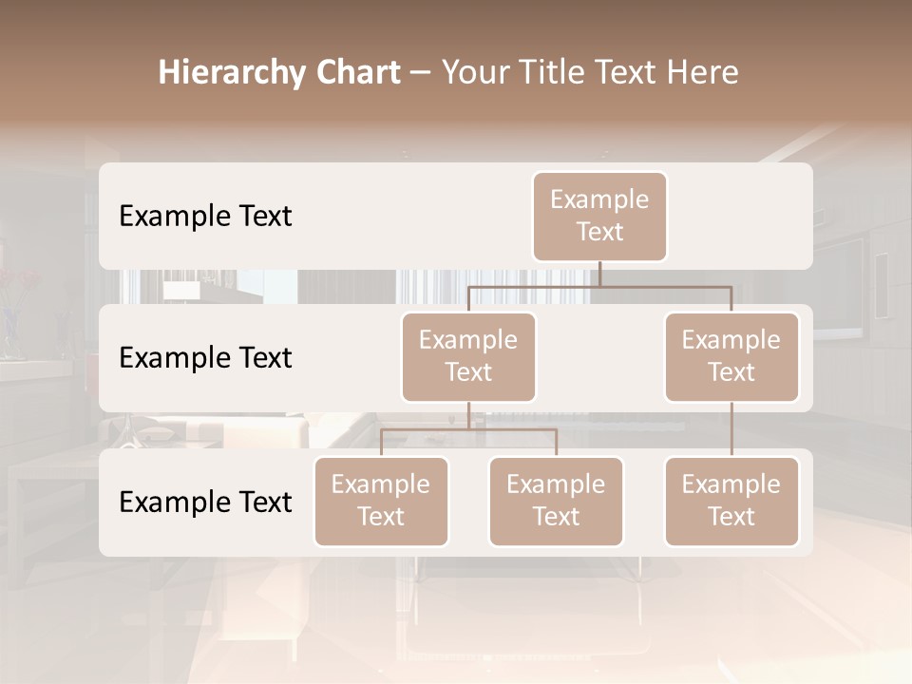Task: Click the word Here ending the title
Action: coord(705,73)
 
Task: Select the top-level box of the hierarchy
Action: coord(599,217)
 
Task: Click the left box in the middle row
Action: coord(468,357)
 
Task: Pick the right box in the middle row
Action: coord(731,357)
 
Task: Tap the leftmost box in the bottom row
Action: coord(381,502)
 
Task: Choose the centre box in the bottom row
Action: coord(556,502)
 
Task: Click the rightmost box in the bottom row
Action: coord(731,502)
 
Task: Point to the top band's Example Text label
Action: coord(205,217)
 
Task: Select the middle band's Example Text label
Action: coord(205,358)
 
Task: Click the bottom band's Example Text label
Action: coord(205,502)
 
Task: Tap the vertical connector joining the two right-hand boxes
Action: coord(731,429)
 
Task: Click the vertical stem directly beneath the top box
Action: coord(599,274)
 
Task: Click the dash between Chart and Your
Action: coord(420,74)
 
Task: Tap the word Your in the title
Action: coord(475,73)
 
